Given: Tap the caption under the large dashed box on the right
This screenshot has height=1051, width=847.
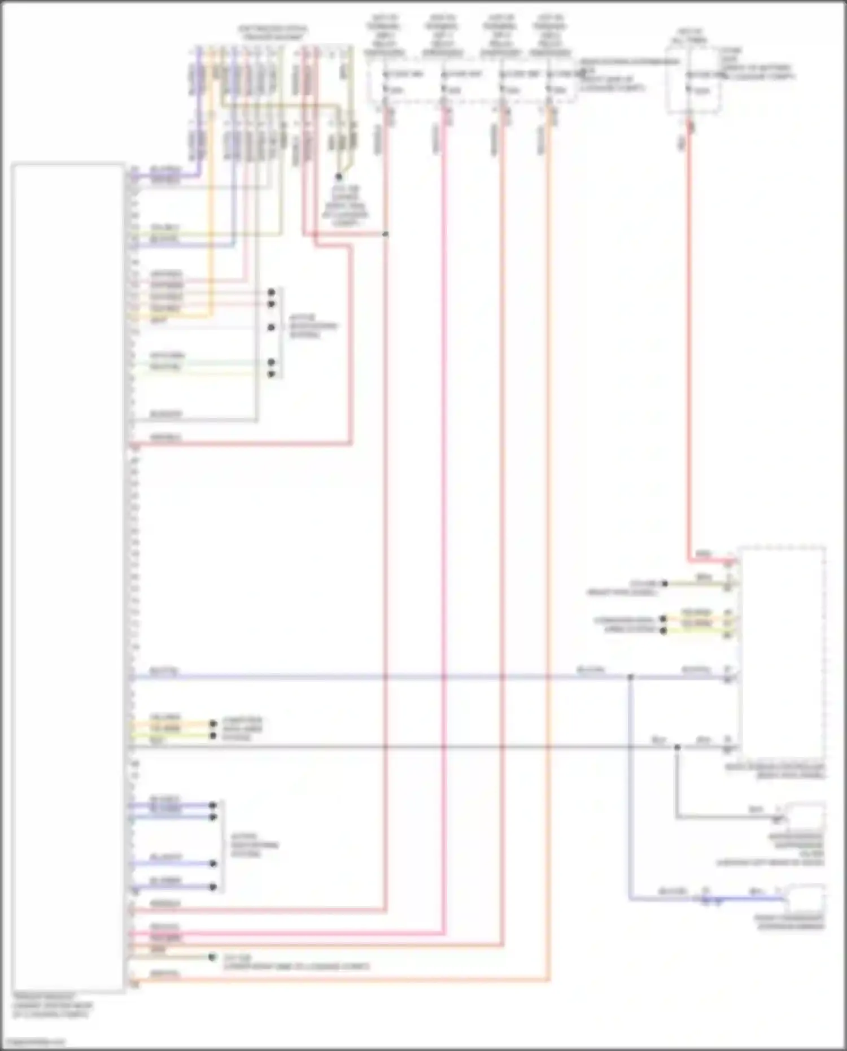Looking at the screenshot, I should (x=775, y=771).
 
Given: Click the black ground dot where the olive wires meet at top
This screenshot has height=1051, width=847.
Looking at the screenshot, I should (x=339, y=177).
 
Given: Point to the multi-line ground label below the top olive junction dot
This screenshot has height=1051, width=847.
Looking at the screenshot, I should (x=345, y=207).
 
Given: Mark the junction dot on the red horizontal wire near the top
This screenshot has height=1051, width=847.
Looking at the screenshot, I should (x=386, y=234).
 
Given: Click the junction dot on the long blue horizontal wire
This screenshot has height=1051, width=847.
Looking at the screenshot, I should (x=630, y=677).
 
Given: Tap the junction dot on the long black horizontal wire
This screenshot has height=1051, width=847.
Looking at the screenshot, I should (x=676, y=747).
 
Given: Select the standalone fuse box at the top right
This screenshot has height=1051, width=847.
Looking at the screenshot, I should (x=693, y=80).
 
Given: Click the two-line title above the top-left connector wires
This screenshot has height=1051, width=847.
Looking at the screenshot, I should (x=273, y=33).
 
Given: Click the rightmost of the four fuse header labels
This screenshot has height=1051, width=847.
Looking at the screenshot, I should (x=550, y=35).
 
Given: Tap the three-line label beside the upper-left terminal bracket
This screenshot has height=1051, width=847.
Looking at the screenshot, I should (x=312, y=326).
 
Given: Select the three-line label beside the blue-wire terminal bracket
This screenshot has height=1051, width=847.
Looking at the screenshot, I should (x=255, y=845).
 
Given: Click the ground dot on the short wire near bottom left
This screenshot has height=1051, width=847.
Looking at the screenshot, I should (x=212, y=957).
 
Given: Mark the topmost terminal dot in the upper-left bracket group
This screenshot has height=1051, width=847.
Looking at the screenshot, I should (x=272, y=293).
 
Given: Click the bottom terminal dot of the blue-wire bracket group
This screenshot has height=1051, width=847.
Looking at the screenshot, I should (x=213, y=887).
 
